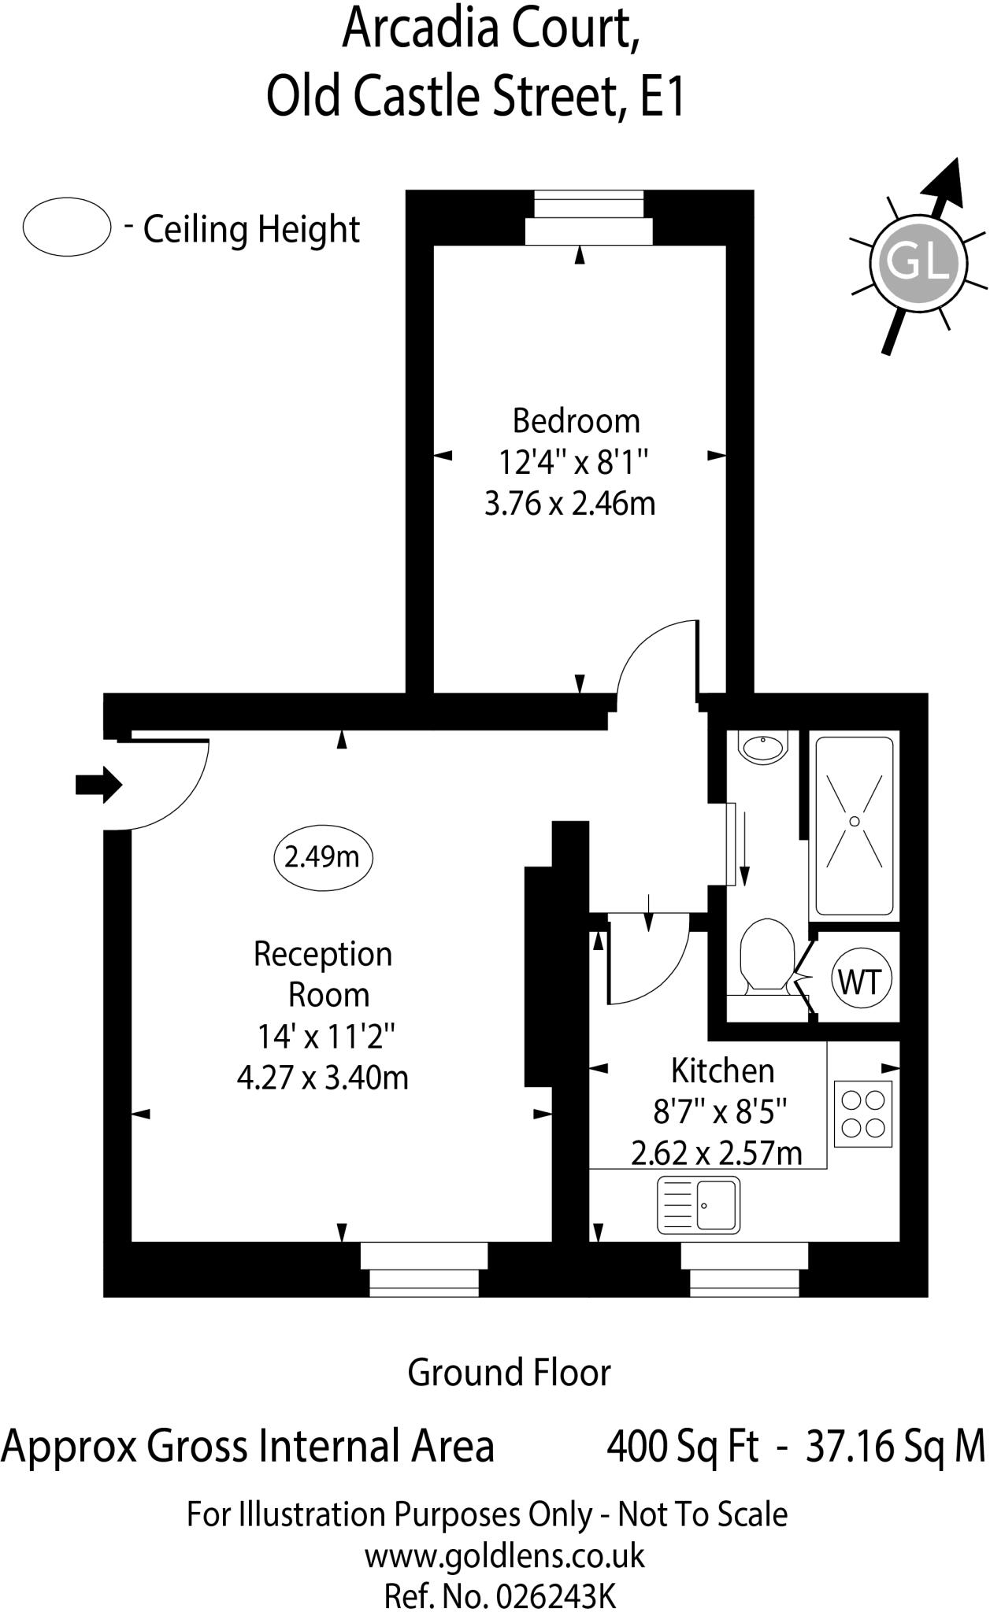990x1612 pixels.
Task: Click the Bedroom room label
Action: [576, 421]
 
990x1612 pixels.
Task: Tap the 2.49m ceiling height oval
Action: [322, 856]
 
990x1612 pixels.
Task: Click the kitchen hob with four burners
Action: [863, 1113]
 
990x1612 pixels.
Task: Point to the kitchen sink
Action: [699, 1204]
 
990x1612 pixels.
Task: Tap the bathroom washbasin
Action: [763, 746]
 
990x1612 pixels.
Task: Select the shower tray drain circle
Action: [855, 821]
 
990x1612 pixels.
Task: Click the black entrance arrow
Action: [98, 785]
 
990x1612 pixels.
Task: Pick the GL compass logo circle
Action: [918, 261]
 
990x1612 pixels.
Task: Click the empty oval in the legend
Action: [67, 227]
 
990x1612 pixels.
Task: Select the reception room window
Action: [424, 1270]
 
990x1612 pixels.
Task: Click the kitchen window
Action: [744, 1270]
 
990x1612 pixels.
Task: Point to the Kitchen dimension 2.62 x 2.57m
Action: [717, 1154]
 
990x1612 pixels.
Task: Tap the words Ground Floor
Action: [509, 1373]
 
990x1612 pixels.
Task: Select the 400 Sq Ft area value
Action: [683, 1446]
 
